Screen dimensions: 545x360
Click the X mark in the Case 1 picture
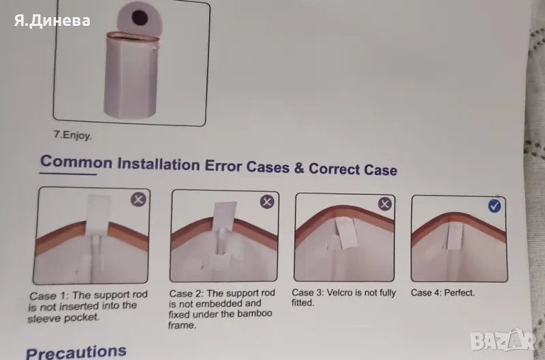click(x=138, y=200)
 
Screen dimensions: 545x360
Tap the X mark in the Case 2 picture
click(x=267, y=202)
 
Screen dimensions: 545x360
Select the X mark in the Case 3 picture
click(x=385, y=204)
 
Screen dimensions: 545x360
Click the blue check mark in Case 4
click(x=495, y=206)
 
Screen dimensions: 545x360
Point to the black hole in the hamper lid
click(x=140, y=18)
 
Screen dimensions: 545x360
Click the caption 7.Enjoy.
click(x=73, y=135)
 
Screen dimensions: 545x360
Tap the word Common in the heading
click(x=76, y=162)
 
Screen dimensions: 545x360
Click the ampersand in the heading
click(x=299, y=168)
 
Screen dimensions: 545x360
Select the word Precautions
click(x=76, y=352)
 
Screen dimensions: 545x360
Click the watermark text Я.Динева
click(x=52, y=20)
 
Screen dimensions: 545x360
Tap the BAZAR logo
click(x=503, y=341)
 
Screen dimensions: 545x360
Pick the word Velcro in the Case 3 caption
click(x=339, y=293)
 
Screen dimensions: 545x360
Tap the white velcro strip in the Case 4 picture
click(x=455, y=235)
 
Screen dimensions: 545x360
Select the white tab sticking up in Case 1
click(x=99, y=212)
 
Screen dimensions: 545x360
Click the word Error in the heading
click(x=223, y=165)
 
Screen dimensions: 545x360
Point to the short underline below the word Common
click(x=68, y=173)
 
